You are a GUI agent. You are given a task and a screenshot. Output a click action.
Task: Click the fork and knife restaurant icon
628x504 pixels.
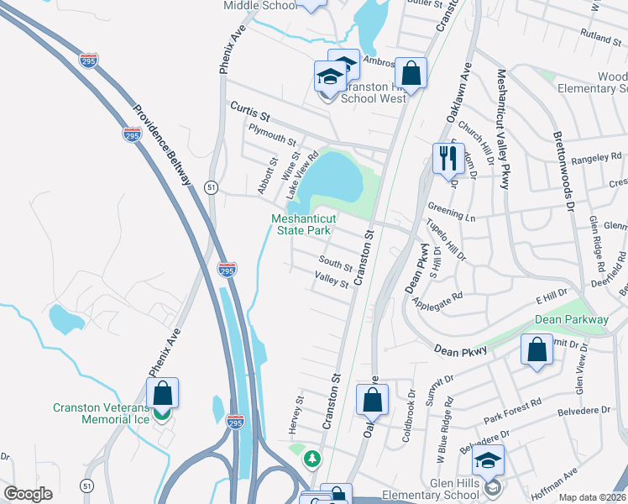tap(446, 157)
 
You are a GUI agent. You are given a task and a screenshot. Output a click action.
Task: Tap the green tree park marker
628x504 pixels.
tap(312, 459)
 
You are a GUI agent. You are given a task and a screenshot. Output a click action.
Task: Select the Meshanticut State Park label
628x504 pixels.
tap(301, 224)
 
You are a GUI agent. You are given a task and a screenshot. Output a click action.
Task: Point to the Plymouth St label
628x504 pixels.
tap(273, 134)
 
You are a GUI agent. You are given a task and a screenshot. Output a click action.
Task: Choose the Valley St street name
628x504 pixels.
tap(331, 279)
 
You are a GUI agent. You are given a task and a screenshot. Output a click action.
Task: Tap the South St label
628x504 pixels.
tap(334, 264)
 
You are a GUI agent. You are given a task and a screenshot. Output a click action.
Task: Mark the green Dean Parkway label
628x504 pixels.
tap(571, 320)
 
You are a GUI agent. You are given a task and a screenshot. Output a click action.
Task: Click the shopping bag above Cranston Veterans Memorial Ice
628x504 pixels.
tap(162, 392)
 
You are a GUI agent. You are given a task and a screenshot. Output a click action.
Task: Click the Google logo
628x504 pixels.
tap(28, 494)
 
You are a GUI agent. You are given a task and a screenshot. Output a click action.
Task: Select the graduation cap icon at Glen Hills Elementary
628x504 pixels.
tap(488, 460)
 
